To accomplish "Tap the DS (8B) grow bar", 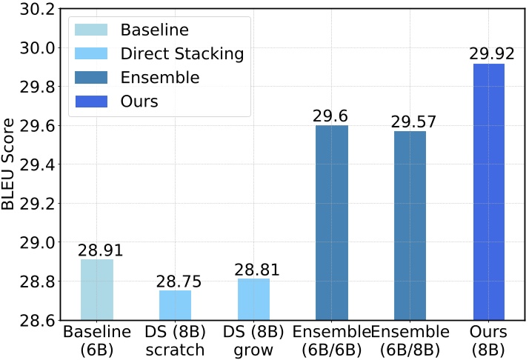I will coord(253,299).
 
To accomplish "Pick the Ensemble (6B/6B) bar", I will coord(331,223).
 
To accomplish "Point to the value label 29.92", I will coord(488,54).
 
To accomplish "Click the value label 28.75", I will coord(175,281).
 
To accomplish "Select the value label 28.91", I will coord(97,250).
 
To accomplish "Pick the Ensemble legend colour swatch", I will coord(90,78).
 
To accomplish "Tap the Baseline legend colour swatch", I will coord(90,30).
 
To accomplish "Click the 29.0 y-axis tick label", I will coord(39,243).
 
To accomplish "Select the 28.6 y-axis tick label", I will coord(39,321).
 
